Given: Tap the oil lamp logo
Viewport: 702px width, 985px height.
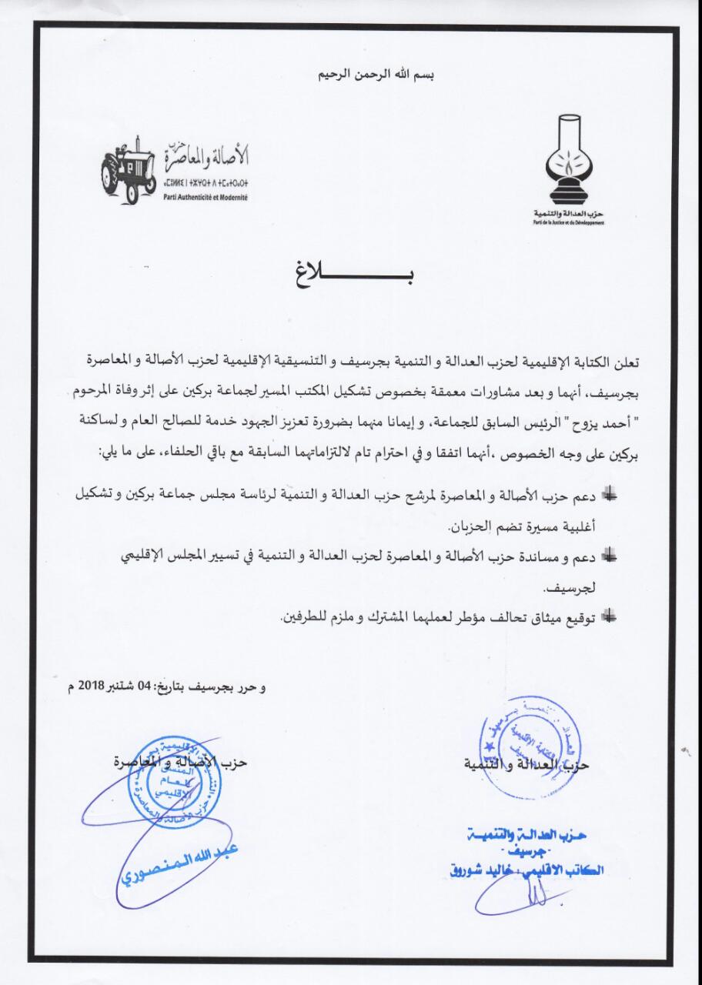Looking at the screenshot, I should click(570, 159).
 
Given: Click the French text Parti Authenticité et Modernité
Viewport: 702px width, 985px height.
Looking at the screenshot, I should click(202, 198).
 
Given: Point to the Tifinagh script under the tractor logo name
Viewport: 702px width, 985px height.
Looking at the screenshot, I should click(202, 185).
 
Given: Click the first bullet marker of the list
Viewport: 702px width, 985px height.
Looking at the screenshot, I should click(610, 496).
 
